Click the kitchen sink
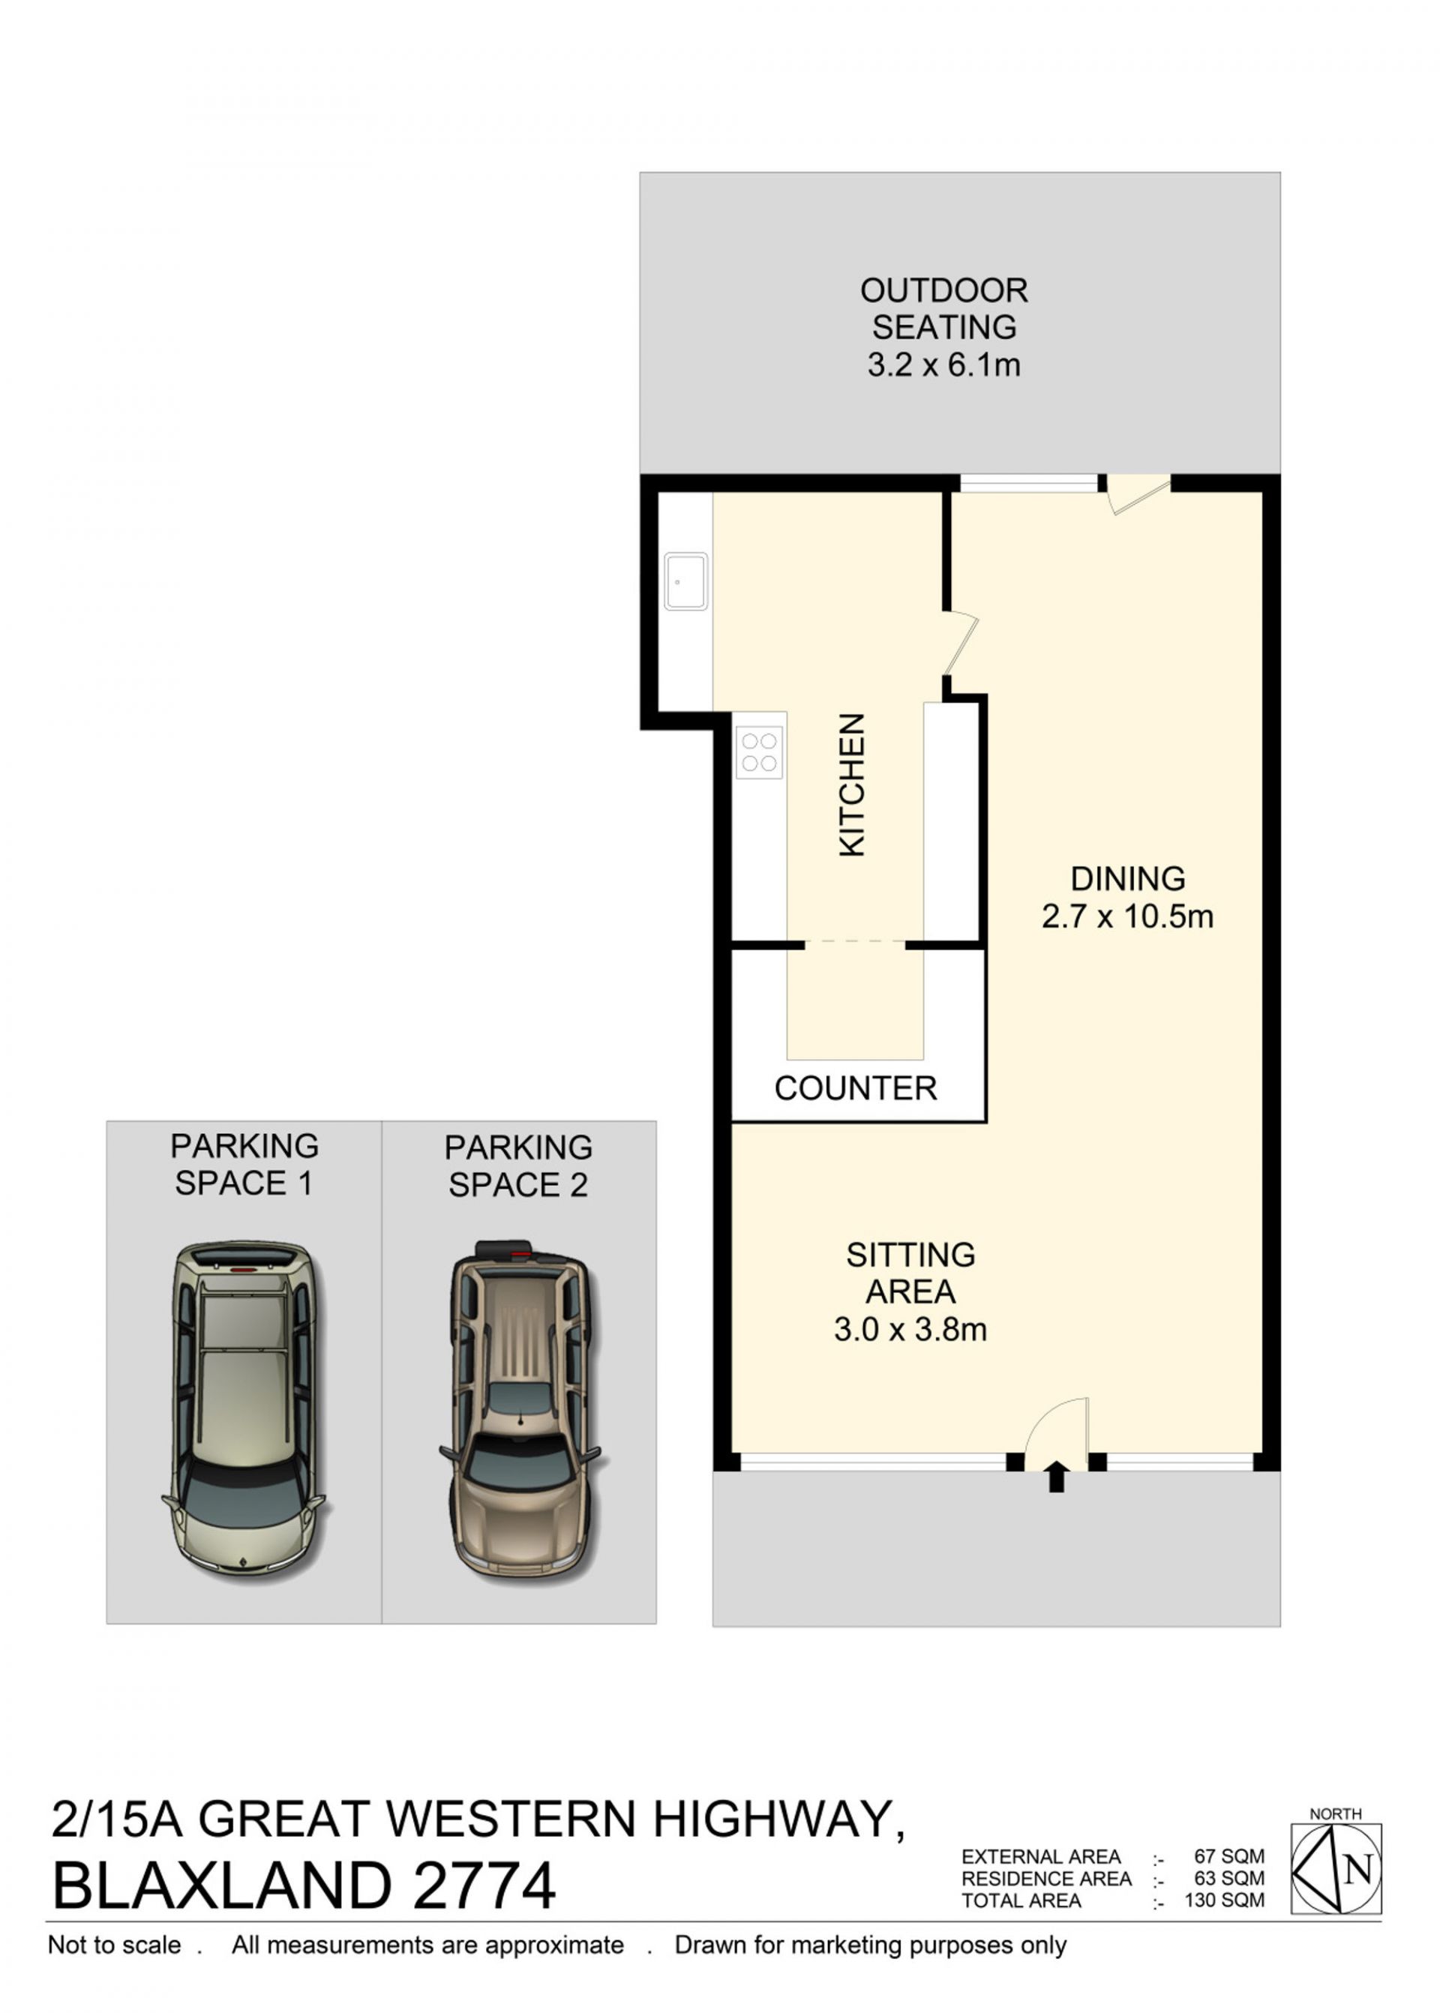(686, 582)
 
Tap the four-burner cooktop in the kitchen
(759, 752)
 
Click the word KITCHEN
(852, 784)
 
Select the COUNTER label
(856, 1088)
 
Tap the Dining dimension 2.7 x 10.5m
(1128, 916)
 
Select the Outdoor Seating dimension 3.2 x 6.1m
(944, 364)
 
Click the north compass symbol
(1336, 1868)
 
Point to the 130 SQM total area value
(1225, 1900)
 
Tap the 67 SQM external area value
(1229, 1856)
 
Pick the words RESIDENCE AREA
(1046, 1878)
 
